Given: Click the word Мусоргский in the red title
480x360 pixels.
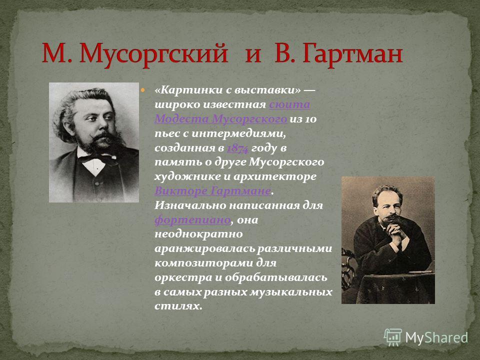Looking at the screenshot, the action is [154, 54].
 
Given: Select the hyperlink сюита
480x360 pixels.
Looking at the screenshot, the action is [289, 104].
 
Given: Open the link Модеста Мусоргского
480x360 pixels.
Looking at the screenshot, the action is [220, 119].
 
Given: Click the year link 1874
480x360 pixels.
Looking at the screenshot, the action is [237, 148].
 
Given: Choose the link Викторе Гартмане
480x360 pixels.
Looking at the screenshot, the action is [213, 191].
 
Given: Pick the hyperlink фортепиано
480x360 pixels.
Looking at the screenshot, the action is [192, 220].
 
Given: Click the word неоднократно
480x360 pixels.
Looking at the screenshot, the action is [198, 234].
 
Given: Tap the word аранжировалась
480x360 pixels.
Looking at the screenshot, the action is [204, 248].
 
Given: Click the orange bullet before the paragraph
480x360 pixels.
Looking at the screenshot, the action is [142, 90].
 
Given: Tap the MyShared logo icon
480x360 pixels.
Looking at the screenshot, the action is [393, 337].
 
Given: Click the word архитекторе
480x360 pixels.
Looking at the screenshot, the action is [274, 177].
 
